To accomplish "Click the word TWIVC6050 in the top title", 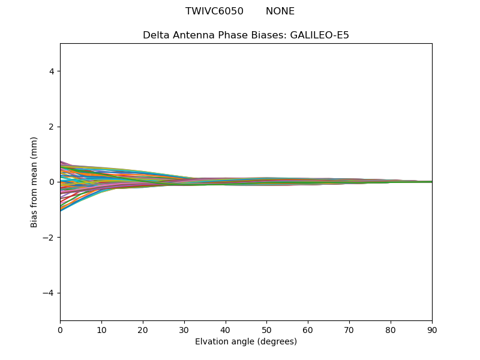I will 214,11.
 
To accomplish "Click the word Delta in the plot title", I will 155,35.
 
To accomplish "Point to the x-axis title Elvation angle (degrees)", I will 246,342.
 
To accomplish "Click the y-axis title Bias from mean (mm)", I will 34,182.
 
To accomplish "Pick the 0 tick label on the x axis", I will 60,330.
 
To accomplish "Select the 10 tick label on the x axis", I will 101,330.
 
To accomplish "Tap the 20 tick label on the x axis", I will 143,330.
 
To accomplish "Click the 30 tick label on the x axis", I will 184,330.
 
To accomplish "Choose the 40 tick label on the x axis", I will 226,330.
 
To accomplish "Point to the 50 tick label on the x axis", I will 266,330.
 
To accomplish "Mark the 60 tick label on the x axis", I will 308,330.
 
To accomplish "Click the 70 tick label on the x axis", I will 349,330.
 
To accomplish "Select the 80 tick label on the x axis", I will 391,330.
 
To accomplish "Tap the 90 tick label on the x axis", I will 432,330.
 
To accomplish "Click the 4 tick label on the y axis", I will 52,71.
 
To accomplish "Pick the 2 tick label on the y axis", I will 52,127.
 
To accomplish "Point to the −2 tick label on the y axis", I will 49,237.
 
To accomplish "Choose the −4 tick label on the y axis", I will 49,293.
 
